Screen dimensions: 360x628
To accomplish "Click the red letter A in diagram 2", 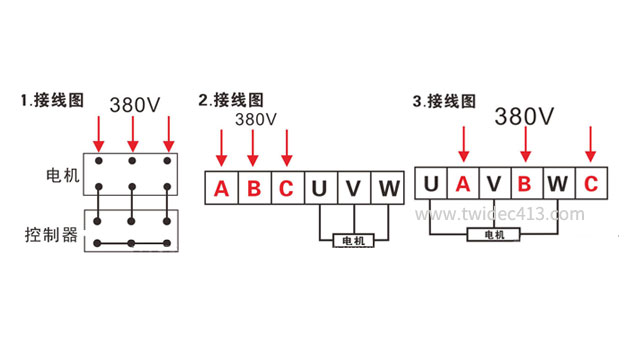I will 221,188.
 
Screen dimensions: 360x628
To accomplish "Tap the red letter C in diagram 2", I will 287,188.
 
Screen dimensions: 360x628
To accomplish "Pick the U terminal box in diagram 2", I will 319,188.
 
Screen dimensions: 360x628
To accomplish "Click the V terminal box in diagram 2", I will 353,188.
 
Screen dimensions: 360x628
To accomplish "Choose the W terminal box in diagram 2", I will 387,188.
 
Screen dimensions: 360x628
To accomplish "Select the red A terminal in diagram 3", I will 463,183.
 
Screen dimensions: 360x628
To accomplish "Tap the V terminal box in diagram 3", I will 494,183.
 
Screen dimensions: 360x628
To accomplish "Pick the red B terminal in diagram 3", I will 525,183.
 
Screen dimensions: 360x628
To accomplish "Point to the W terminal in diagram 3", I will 558,183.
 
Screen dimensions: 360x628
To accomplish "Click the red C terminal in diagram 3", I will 591,183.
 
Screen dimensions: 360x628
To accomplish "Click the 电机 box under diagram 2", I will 354,241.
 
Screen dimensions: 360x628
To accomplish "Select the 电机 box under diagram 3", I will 494,234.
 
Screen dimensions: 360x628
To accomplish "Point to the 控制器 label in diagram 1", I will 51,235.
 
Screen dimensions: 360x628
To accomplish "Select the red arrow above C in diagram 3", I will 591,144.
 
